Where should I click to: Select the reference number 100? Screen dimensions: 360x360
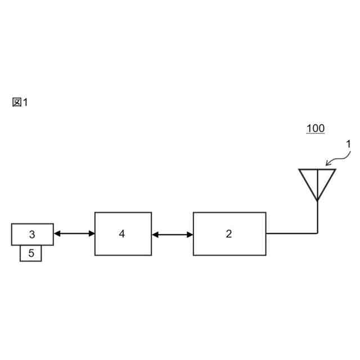[315, 128]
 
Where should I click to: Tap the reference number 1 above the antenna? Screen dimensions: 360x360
[348, 144]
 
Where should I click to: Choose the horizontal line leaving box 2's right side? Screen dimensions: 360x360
[291, 233]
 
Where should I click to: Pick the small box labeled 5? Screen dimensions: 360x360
[31, 253]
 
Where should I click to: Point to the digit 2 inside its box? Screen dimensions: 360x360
[229, 233]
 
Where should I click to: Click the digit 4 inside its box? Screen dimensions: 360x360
[122, 233]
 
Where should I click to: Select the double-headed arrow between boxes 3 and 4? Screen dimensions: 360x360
[74, 233]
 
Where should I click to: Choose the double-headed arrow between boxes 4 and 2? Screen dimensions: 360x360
[172, 233]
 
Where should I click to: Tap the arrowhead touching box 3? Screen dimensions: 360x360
[57, 233]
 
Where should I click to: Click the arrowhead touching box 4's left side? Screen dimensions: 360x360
[91, 233]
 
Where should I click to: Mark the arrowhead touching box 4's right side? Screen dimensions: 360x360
[156, 233]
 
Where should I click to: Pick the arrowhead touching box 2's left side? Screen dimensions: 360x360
[189, 233]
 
